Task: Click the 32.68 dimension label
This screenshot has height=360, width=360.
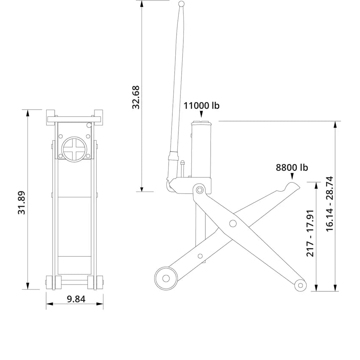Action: pyautogui.click(x=136, y=97)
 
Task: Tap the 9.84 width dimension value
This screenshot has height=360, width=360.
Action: pyautogui.click(x=76, y=299)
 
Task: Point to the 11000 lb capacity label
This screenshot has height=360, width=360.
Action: pyautogui.click(x=201, y=105)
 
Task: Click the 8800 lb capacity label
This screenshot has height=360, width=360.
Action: pyautogui.click(x=292, y=167)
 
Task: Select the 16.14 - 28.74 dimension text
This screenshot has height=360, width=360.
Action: pyautogui.click(x=330, y=203)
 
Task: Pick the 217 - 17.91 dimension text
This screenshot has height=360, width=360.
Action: pyautogui.click(x=310, y=233)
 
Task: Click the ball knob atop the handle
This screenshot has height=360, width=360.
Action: pyautogui.click(x=182, y=4)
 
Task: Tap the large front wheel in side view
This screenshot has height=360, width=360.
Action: pyautogui.click(x=166, y=278)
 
